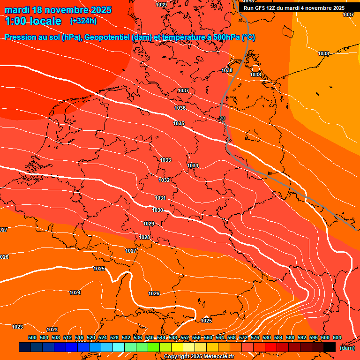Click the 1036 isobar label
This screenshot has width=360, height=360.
pyautogui.click(x=180, y=108)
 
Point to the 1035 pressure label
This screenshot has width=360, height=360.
pyautogui.click(x=179, y=123)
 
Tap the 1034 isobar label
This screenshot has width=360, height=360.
pyautogui.click(x=193, y=166)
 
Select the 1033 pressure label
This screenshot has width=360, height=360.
pyautogui.click(x=165, y=160)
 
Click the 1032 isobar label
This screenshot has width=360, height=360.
pyautogui.click(x=164, y=180)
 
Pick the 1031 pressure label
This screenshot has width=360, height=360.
pyautogui.click(x=160, y=198)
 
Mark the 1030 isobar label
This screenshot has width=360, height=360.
pyautogui.click(x=157, y=210)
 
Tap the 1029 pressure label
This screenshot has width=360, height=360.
pyautogui.click(x=149, y=224)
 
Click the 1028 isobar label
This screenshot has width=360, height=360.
pyautogui.click(x=144, y=238)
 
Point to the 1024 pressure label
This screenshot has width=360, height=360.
pyautogui.click(x=75, y=292)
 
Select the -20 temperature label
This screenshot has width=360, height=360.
pyautogui.click(x=221, y=118)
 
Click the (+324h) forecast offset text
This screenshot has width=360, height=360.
pyautogui.click(x=83, y=21)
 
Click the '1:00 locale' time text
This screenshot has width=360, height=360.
pyautogui.click(x=33, y=21)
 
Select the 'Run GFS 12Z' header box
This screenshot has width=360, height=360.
pyautogui.click(x=294, y=8)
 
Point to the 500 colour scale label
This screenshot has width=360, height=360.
pyautogui.click(x=32, y=337)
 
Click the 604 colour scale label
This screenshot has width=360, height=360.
pyautogui.click(x=337, y=337)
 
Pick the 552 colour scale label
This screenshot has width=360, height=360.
pyautogui.click(x=184, y=337)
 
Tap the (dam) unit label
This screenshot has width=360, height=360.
pyautogui.click(x=347, y=348)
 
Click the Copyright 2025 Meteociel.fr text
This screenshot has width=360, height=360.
pyautogui.click(x=199, y=357)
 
